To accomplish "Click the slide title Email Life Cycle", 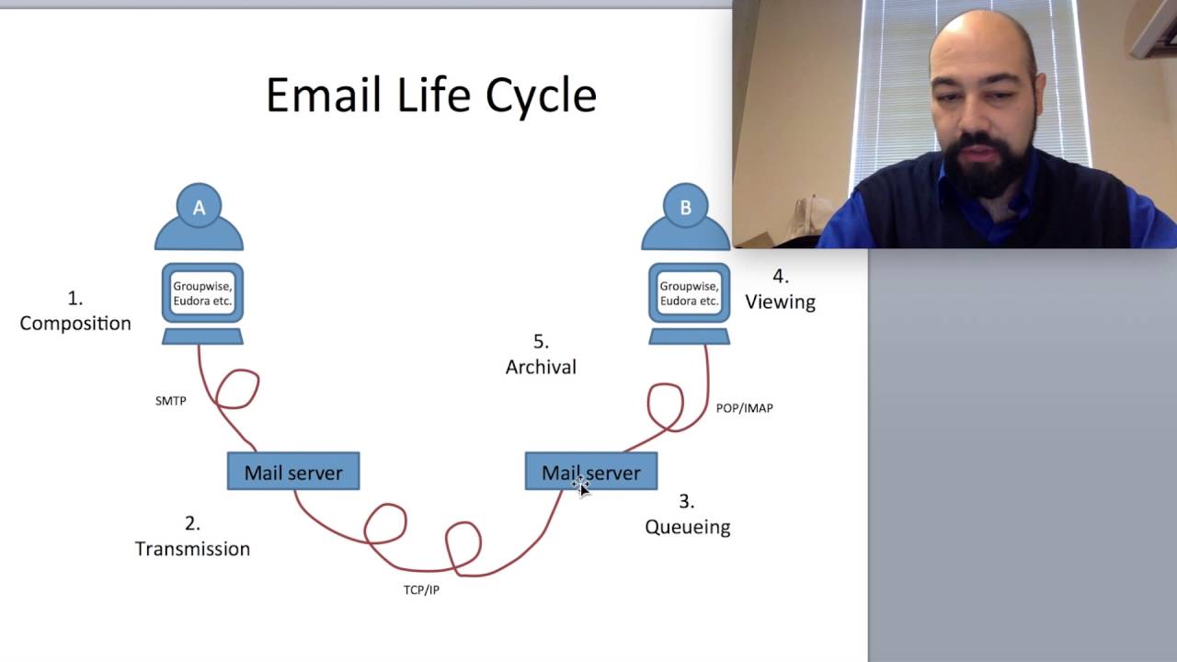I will [x=431, y=96].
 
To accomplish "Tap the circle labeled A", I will [x=199, y=208].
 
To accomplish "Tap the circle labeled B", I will [x=685, y=208].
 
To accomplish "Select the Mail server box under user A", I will [x=293, y=472].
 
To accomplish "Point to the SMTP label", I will [x=171, y=401].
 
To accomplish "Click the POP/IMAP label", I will [x=744, y=407].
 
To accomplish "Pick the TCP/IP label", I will [x=421, y=589].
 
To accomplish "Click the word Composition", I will [x=75, y=323].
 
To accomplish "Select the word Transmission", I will [x=192, y=548].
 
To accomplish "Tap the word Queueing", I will [x=687, y=527].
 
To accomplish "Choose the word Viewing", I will [x=780, y=302].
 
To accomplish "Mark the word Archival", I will [x=541, y=367].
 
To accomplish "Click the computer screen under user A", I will [x=202, y=293].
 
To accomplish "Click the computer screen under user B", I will [x=689, y=293].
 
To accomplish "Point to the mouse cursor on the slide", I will [x=580, y=486].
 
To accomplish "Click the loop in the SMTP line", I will [x=237, y=389].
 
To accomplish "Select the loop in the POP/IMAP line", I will [x=666, y=405].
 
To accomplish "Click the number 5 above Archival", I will [x=541, y=341].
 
